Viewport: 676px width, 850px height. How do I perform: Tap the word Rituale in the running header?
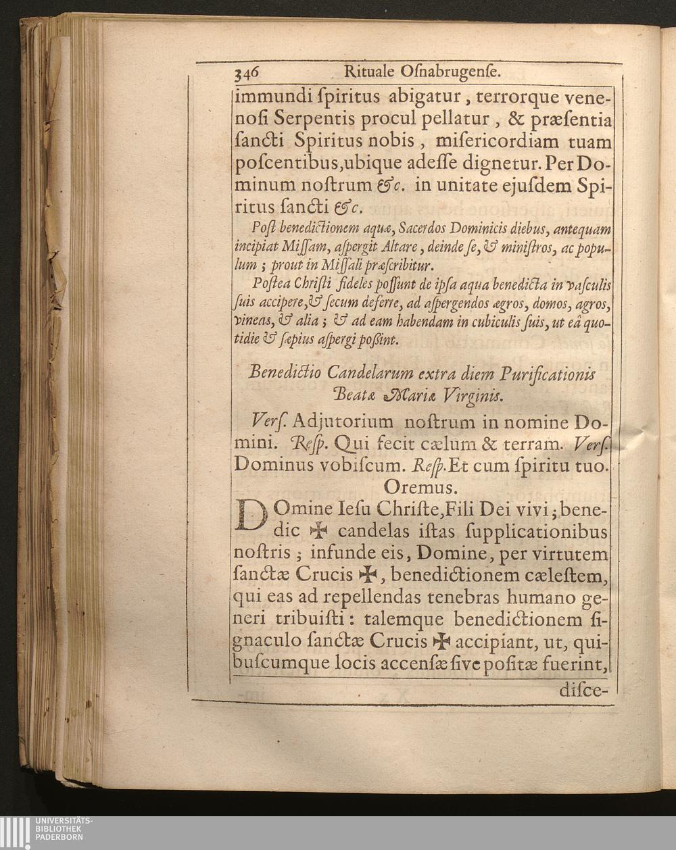tap(368, 72)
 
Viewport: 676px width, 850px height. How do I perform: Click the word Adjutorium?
tap(335, 422)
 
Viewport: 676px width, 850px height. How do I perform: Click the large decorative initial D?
tap(250, 516)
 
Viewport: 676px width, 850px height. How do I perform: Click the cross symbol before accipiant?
tap(440, 641)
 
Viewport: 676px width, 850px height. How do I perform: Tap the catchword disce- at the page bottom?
tap(585, 691)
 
